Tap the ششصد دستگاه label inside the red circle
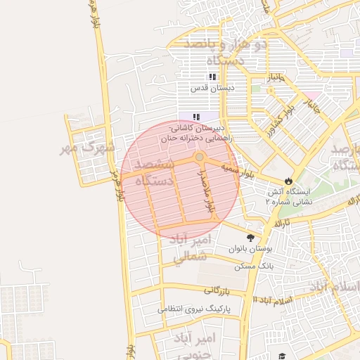tap(158, 173)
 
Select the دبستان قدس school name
tap(212, 89)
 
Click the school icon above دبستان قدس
tap(211, 77)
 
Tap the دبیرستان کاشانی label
tap(200, 129)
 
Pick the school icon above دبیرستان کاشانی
tap(198, 117)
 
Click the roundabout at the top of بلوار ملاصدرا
tap(200, 157)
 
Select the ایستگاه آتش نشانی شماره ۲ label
tap(287, 195)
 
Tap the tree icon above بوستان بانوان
tap(251, 237)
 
